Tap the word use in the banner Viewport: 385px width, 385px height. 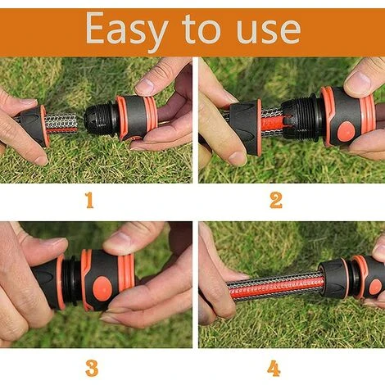[x=269, y=30]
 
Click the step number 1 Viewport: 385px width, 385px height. [x=89, y=200]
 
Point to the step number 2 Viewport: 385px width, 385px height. [x=276, y=201]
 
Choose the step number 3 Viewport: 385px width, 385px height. [x=92, y=369]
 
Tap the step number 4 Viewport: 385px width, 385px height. [x=274, y=369]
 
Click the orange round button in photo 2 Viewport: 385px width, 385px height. [x=346, y=130]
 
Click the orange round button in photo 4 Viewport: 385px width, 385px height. [x=375, y=287]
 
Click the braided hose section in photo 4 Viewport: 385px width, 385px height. [x=276, y=285]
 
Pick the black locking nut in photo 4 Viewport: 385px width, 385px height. [x=334, y=279]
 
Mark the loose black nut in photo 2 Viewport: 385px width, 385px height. [x=245, y=128]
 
